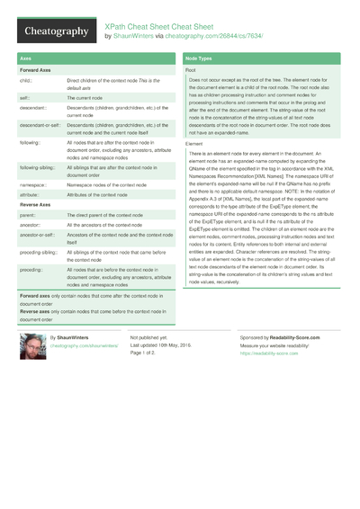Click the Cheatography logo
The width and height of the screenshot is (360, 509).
pos(55,31)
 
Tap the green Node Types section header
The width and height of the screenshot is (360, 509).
pos(199,58)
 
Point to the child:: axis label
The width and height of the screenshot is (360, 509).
pos(26,81)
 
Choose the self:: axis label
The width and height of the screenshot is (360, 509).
pos(25,97)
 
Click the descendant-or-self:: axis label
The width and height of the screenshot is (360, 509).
pos(38,126)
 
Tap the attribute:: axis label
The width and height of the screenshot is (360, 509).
pos(30,194)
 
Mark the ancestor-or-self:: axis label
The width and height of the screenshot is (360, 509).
pos(37,235)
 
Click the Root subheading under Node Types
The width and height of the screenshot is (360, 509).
pos(191,69)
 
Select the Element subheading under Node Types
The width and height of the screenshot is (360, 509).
pos(193,144)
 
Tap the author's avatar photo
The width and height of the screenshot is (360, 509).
pos(32,347)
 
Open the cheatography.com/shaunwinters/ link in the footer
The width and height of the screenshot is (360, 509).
pos(84,345)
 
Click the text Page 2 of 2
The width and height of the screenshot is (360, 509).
pos(148,353)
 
